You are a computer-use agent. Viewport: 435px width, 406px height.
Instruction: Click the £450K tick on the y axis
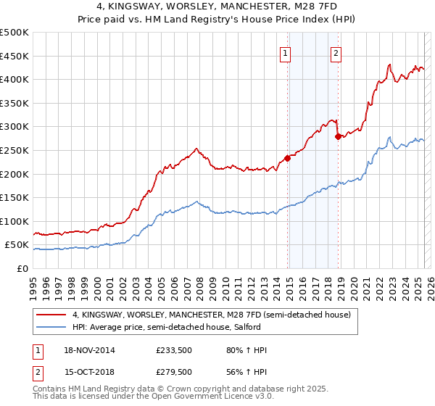point(14,56)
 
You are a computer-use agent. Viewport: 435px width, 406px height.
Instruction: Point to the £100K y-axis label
point(14,221)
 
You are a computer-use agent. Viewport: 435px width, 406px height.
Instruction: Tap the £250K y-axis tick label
point(14,150)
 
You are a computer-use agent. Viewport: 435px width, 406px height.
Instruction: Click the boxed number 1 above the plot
point(286,52)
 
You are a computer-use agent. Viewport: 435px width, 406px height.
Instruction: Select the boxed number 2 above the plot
point(337,52)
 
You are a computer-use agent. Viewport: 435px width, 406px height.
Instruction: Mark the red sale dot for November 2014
point(287,157)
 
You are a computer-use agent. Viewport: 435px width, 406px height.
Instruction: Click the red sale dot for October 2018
point(337,136)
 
